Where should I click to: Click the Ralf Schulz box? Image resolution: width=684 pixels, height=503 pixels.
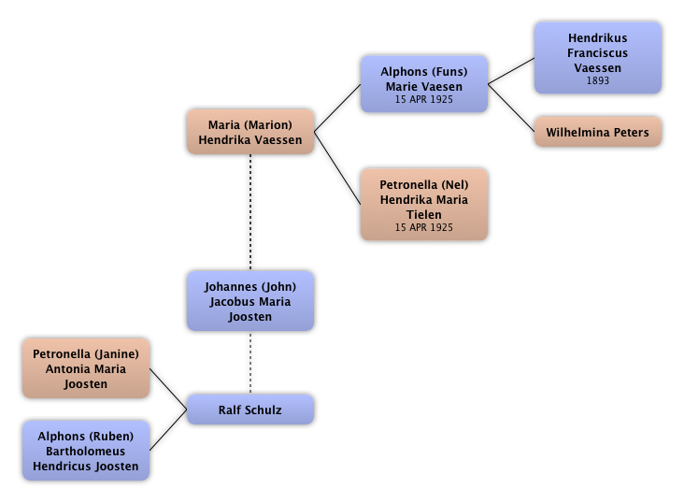pos(250,410)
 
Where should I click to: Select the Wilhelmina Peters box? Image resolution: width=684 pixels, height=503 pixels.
pos(598,133)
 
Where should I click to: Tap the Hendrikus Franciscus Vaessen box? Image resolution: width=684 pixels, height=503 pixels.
pos(598,58)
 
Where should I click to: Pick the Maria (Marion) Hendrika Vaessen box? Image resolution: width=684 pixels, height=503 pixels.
pos(250,133)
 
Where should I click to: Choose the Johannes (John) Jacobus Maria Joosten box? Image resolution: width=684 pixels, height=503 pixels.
pos(250,301)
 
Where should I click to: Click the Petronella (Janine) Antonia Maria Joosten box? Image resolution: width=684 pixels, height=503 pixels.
pos(86,368)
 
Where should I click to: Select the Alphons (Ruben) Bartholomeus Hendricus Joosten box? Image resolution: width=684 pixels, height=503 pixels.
pos(86,452)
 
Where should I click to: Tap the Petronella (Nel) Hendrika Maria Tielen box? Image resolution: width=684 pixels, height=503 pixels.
pos(424,206)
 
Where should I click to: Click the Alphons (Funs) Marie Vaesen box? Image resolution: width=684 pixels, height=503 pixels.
pos(424,83)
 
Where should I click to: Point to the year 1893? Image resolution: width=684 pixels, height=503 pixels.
pos(598,81)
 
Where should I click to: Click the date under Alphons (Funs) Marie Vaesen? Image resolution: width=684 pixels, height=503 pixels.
pos(424,99)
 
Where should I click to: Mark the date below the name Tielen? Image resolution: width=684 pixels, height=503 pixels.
pos(424,227)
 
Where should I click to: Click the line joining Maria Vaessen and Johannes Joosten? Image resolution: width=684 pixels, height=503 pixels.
pos(250,213)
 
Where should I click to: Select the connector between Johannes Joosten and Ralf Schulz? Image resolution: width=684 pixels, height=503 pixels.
pos(250,363)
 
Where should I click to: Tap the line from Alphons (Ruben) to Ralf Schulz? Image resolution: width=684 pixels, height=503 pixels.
pos(169,435)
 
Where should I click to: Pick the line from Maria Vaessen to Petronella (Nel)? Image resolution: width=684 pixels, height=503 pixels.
pos(339,175)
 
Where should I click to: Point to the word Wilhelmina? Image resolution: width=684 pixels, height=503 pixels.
pos(578,133)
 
